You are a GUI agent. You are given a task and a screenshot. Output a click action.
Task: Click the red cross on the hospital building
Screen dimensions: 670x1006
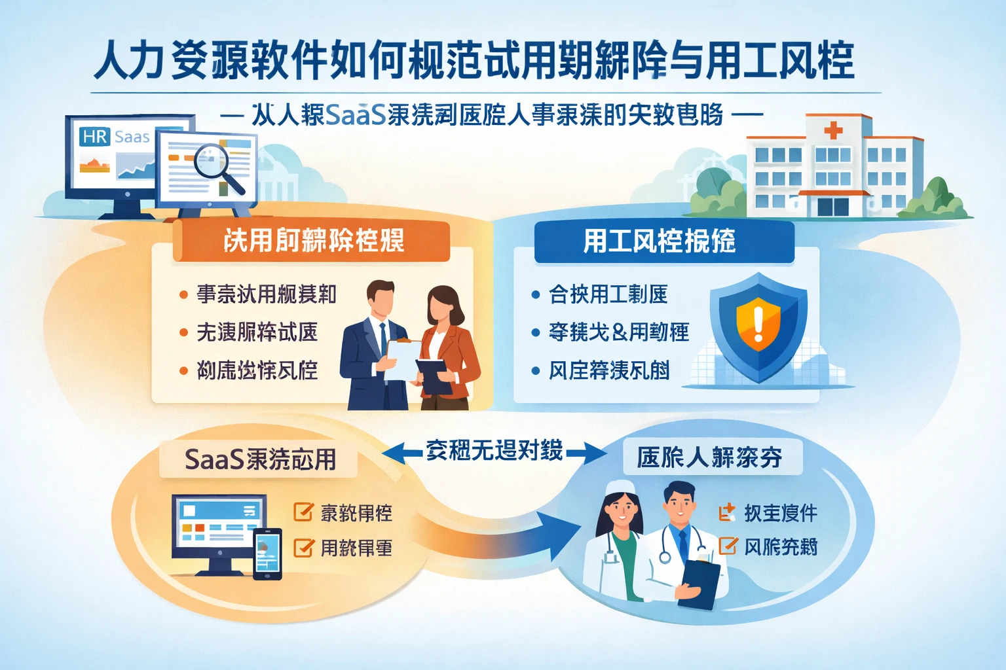coord(833,130)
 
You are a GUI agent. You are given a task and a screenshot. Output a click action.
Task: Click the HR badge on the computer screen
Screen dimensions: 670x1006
coord(95,137)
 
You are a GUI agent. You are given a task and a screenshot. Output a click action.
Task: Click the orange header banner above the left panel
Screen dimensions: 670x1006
coord(311,241)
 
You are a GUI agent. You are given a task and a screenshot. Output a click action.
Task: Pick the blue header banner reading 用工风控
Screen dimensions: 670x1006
coord(663,241)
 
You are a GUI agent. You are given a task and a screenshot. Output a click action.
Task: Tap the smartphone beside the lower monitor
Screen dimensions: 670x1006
coord(267,554)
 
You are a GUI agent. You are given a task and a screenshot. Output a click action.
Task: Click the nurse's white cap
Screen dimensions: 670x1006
coord(618,487)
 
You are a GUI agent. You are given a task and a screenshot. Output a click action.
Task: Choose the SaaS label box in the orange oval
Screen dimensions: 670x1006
coord(259,459)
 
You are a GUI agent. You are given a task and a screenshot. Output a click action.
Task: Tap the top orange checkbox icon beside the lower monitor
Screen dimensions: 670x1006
coord(303,512)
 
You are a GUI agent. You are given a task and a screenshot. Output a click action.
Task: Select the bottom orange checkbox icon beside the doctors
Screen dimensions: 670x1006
coord(728,546)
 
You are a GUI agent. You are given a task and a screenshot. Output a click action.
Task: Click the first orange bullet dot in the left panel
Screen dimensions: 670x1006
coord(184,295)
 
